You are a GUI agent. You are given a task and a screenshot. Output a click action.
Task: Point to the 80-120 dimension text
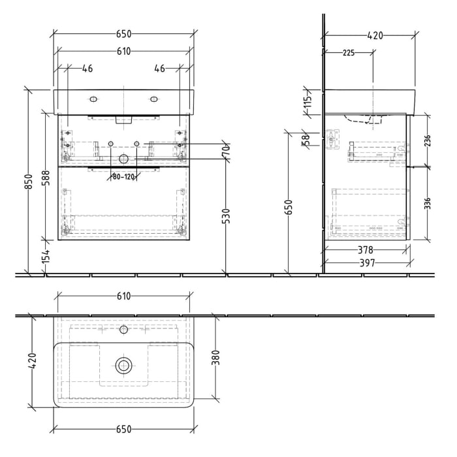click(x=122, y=176)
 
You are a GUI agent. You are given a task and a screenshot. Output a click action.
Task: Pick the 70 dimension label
click(x=226, y=150)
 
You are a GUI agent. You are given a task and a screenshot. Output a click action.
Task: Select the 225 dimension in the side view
click(x=348, y=54)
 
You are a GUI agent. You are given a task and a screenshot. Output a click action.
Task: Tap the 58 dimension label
click(x=305, y=138)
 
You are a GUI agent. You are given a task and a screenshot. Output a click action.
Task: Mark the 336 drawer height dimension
click(x=428, y=203)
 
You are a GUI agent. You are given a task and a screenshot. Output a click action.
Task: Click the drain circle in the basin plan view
click(x=123, y=366)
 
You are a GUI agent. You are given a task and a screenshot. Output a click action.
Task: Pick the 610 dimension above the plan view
click(x=123, y=296)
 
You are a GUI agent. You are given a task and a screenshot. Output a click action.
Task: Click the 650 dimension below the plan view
click(x=123, y=429)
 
